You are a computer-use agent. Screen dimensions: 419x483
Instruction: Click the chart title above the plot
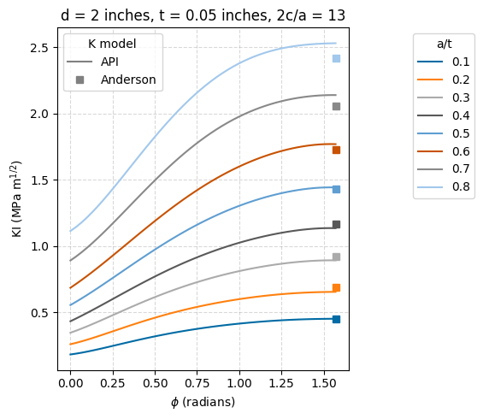(203, 15)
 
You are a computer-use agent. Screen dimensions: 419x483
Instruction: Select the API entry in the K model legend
(109, 62)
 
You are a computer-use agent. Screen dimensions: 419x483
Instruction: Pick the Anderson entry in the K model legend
(128, 80)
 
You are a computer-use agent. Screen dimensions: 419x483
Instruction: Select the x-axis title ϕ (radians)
(203, 402)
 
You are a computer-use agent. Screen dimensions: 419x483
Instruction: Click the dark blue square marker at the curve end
(336, 319)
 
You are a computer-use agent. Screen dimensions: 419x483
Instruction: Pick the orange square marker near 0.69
(336, 287)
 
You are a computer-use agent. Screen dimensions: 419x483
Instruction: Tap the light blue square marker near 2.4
(336, 58)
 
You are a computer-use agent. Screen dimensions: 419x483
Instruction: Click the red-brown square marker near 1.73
(336, 150)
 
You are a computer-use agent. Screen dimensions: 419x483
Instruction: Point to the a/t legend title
(444, 43)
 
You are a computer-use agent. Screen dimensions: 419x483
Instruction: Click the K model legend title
(112, 43)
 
